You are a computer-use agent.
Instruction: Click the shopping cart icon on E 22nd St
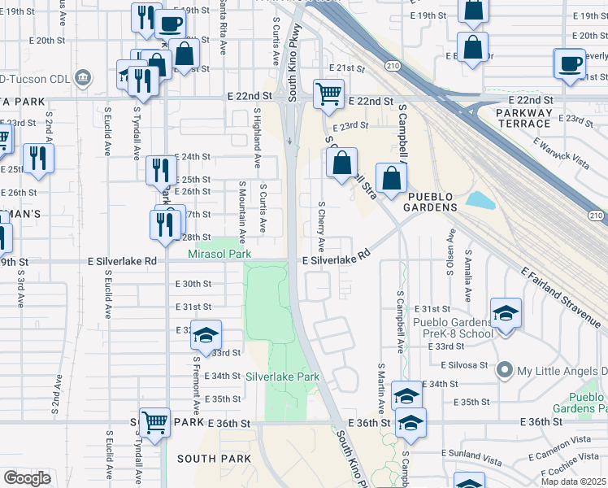[x=328, y=94]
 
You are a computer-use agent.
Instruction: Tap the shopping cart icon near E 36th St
[x=154, y=422]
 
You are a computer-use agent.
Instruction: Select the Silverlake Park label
[x=283, y=377]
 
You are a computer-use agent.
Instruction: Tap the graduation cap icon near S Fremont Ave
[x=206, y=334]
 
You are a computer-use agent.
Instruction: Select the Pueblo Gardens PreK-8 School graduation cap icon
[x=505, y=312]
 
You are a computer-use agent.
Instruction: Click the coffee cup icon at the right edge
[x=569, y=63]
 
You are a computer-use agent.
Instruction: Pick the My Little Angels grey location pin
[x=505, y=371]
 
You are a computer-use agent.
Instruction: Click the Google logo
[x=27, y=477]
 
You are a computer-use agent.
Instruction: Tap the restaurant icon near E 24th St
[x=160, y=171]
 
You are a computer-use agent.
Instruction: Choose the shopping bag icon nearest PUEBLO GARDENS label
[x=391, y=178]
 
